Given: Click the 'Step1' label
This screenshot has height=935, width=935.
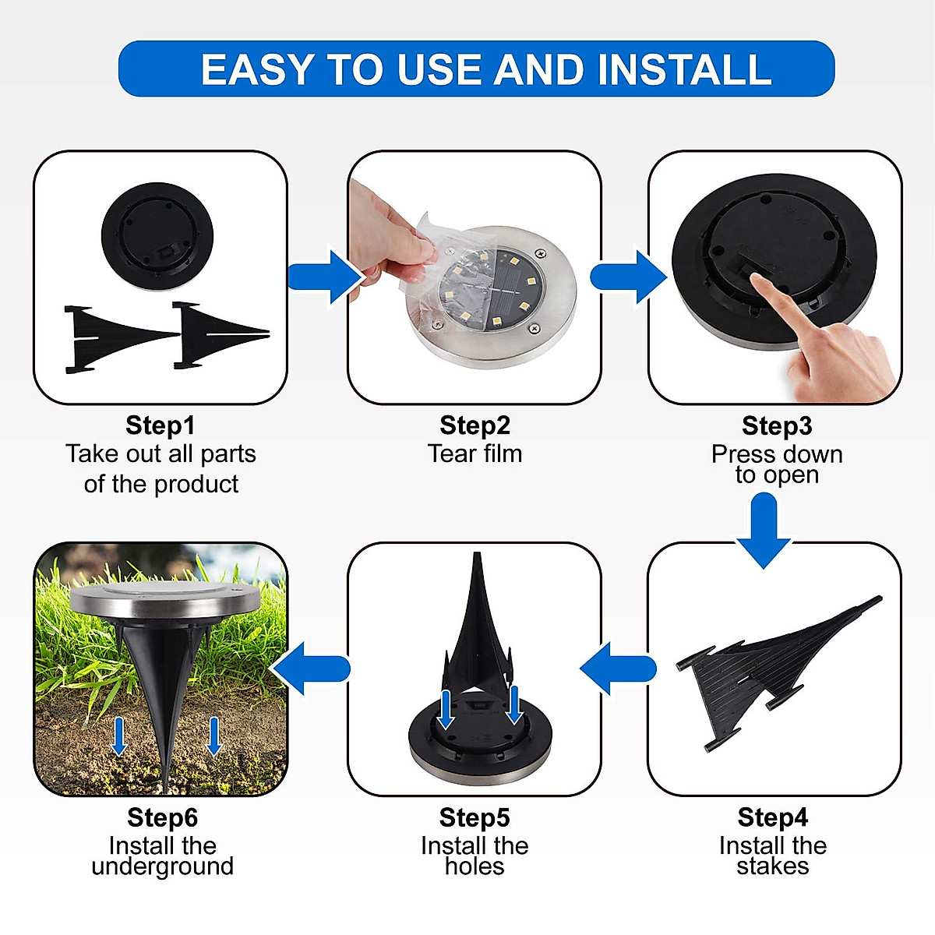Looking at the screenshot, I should [x=160, y=425].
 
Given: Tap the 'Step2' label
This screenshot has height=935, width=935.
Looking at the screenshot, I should [x=475, y=425].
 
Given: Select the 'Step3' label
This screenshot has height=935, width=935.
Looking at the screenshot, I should [x=776, y=425].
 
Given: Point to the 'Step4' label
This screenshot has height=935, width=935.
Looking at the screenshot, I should [x=772, y=817].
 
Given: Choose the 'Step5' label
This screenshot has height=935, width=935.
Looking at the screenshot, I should [x=474, y=817].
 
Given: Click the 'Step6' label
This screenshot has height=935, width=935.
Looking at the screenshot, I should [x=162, y=817].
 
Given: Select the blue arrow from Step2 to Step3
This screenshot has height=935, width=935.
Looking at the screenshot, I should [x=626, y=277].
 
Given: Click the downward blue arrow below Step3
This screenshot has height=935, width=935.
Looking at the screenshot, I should [x=764, y=530].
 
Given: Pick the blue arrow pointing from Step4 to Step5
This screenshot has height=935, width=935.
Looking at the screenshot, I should [x=618, y=669].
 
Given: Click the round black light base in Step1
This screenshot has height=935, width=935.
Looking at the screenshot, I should [x=157, y=235].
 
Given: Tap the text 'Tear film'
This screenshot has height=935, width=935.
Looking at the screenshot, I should [x=475, y=453].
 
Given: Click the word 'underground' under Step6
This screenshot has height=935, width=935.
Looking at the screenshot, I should [x=162, y=866].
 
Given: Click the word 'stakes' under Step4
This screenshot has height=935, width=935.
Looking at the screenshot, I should [x=772, y=866].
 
